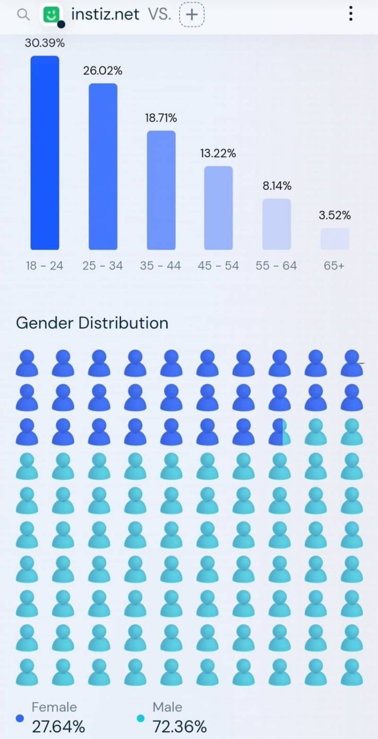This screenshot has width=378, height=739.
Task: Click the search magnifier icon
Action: click(x=23, y=14)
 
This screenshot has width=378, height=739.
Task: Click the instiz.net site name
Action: click(x=105, y=14)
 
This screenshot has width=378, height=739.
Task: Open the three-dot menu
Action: click(x=350, y=14)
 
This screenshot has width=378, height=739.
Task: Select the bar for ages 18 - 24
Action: click(x=45, y=153)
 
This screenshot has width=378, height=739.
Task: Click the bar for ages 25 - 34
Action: click(x=103, y=166)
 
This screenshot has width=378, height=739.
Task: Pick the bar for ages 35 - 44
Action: click(x=161, y=190)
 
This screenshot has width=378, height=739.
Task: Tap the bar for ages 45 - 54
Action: click(x=218, y=208)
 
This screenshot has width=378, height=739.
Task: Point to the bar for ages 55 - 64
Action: click(x=276, y=224)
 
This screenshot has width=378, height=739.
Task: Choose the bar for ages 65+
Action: click(x=335, y=239)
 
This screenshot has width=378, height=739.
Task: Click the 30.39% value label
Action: click(x=45, y=43)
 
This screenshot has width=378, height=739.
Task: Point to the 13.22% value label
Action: click(x=218, y=153)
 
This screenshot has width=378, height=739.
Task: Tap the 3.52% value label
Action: click(x=335, y=216)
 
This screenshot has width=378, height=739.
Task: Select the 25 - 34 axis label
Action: click(x=103, y=266)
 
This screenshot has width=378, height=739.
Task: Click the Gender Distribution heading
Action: click(x=92, y=323)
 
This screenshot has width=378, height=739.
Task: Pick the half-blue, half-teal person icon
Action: click(x=280, y=432)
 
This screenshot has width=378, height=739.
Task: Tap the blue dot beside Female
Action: click(x=20, y=718)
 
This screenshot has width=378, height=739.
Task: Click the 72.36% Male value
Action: click(x=180, y=726)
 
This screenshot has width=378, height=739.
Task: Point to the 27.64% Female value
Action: click(x=58, y=726)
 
